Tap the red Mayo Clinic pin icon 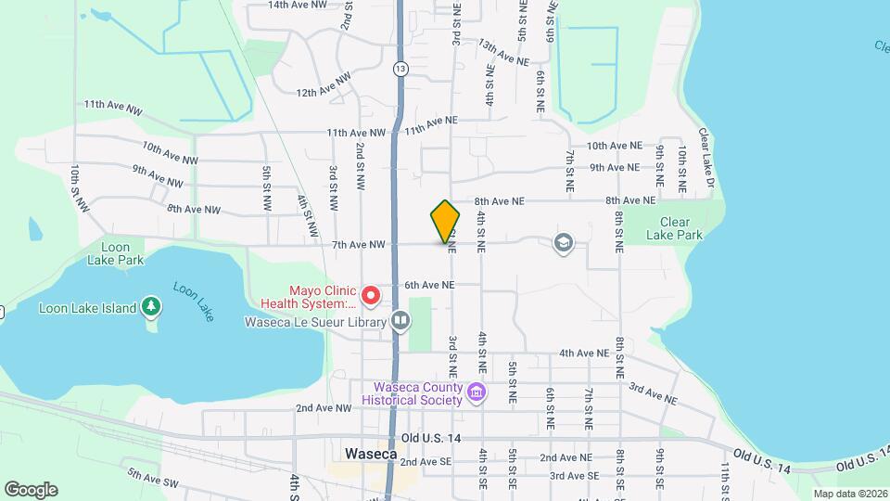[371, 296]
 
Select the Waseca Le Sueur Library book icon [400, 321]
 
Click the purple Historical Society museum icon [477, 392]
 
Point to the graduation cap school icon [562, 244]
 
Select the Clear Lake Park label [681, 228]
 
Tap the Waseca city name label [370, 455]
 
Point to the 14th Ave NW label [298, 5]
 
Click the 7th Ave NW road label [358, 245]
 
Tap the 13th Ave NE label [503, 50]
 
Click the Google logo [31, 489]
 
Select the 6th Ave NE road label [428, 285]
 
